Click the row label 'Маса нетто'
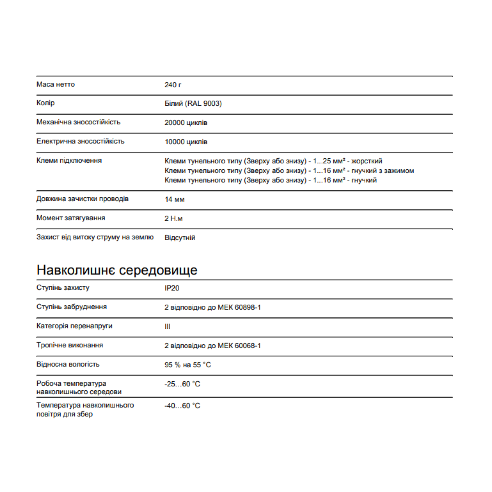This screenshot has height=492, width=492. click(55, 84)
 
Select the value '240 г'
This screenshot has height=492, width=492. click(173, 85)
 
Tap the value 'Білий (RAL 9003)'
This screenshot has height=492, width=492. click(193, 103)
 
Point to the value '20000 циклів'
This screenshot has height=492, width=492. click(186, 123)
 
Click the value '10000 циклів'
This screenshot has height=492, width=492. click(186, 142)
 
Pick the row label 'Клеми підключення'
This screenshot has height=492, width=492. click(69, 160)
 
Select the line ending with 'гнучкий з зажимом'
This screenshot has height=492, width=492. click(289, 171)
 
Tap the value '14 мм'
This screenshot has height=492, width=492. click(174, 200)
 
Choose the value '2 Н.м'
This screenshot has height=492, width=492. click(173, 219)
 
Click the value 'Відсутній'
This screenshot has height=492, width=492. click(180, 238)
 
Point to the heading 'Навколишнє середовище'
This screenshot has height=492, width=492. click(117, 270)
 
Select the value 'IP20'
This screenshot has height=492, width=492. click(172, 288)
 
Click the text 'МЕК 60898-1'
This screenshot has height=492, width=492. click(239, 307)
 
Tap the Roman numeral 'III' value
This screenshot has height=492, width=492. click(167, 327)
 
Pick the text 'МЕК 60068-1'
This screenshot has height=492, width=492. click(239, 346)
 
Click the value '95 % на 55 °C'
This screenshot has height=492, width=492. click(187, 365)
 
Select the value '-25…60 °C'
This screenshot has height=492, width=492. click(182, 384)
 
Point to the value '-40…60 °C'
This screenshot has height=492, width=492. click(182, 406)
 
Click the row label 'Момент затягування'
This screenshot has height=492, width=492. click(71, 218)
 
